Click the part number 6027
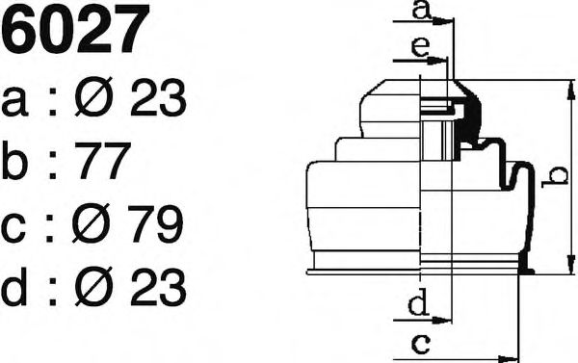pos(75,29)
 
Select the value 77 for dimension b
pos(103,160)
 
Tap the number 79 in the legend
pos(155,223)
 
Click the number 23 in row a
pos(158,97)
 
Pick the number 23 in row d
pos(158,287)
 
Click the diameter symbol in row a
pos(93,97)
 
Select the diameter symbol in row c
pos(92,223)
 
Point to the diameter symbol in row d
pos(93,287)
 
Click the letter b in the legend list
pos(14,159)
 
